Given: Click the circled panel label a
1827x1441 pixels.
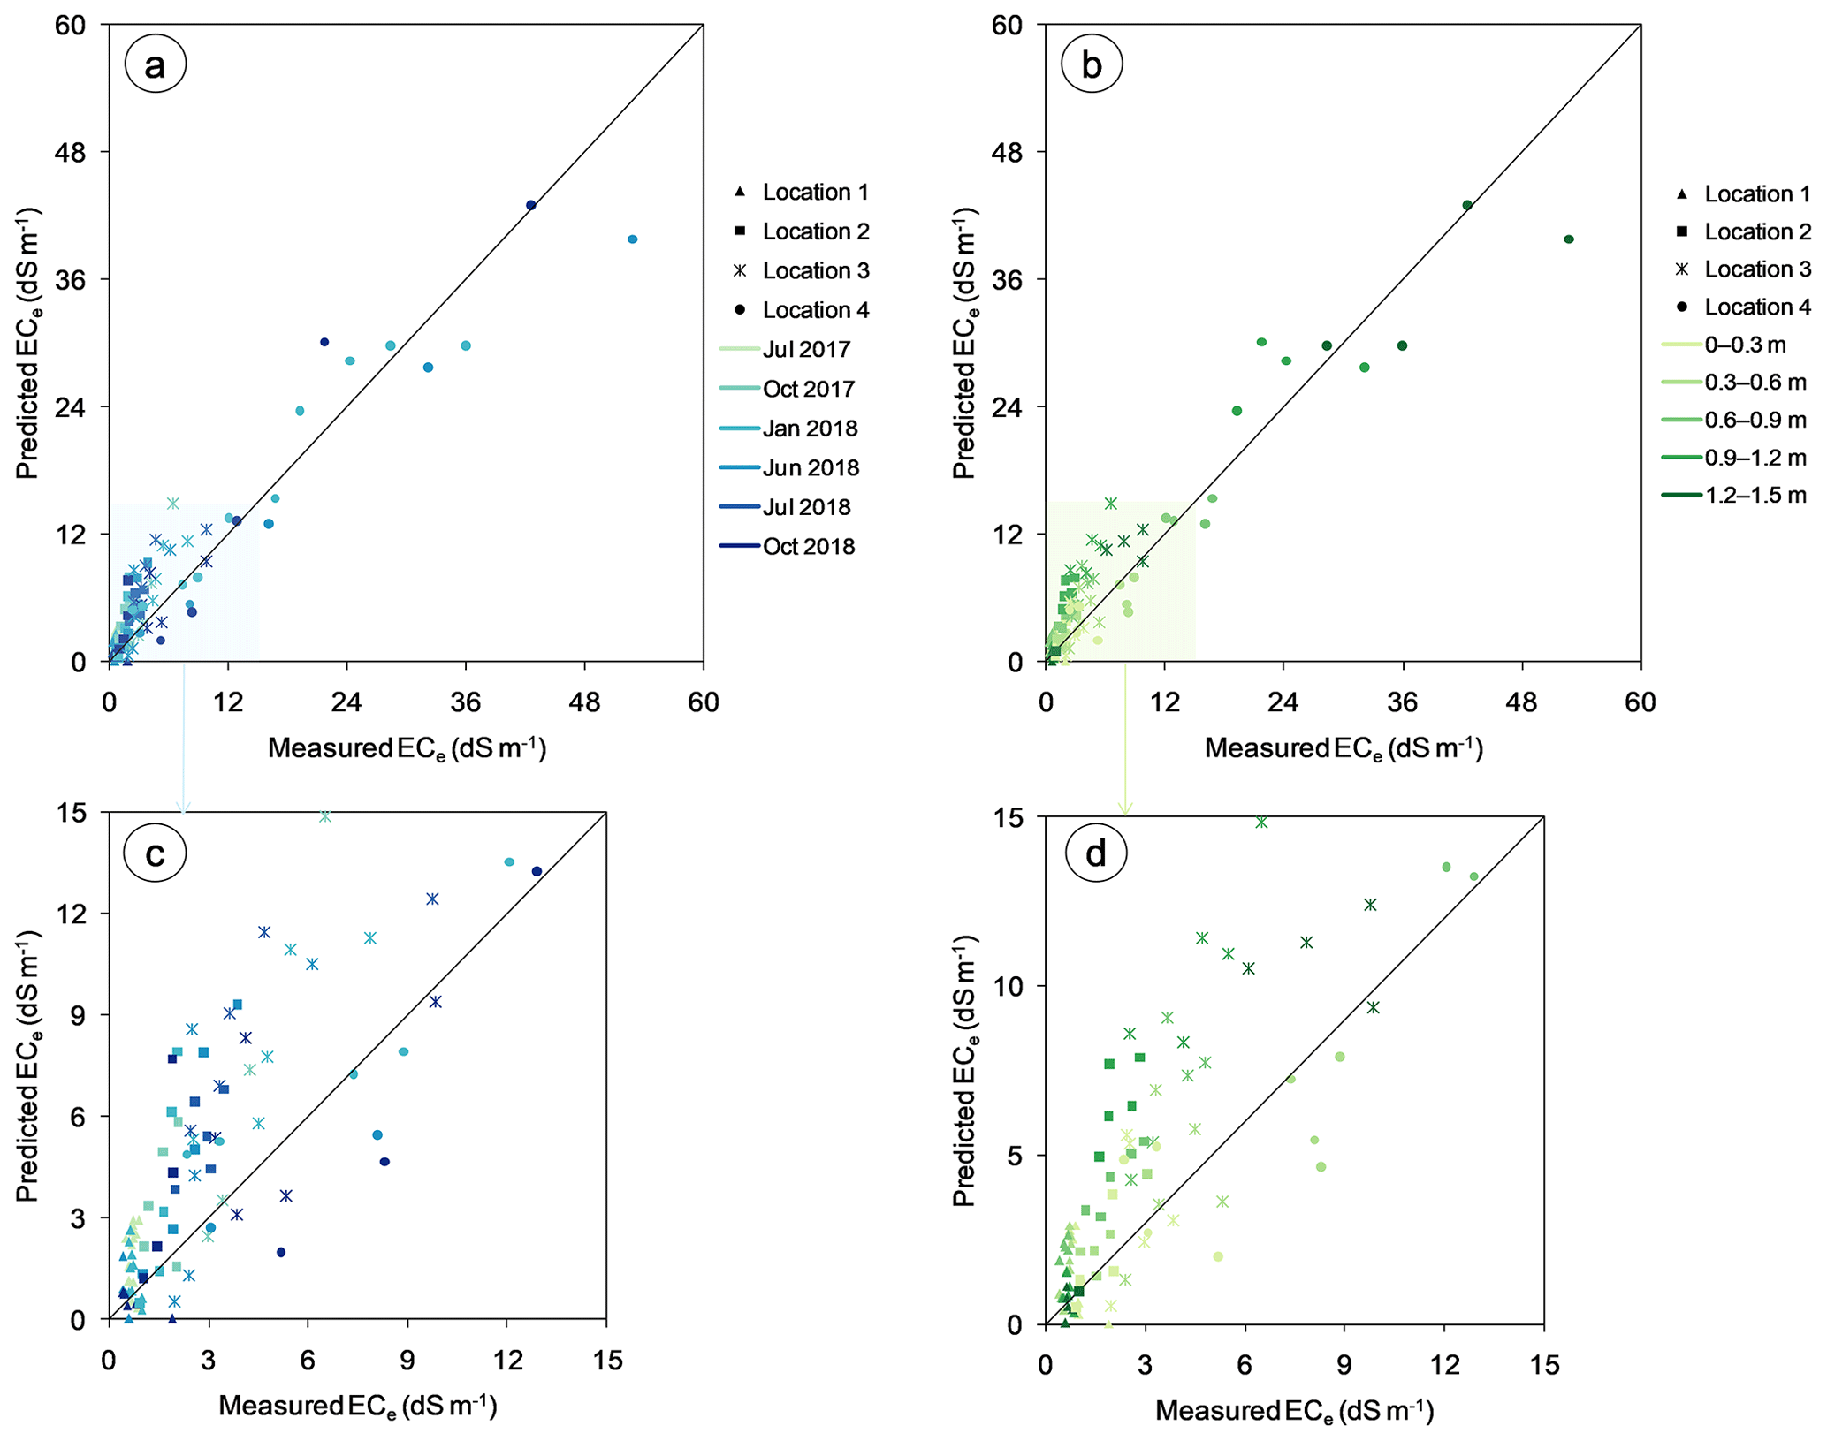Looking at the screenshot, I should click(x=155, y=64).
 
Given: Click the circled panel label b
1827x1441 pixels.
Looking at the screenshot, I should click(x=1092, y=64).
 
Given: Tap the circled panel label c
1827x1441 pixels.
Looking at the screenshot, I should click(x=155, y=853).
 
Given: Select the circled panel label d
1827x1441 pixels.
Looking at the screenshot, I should click(x=1096, y=853).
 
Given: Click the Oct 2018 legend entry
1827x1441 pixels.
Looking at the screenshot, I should click(x=787, y=546).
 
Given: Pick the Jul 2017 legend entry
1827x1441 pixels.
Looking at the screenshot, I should click(x=787, y=349).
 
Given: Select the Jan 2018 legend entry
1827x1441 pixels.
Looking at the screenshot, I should click(x=787, y=429).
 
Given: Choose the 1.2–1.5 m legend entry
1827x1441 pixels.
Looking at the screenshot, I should click(x=1732, y=495).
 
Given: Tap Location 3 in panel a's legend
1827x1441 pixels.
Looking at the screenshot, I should click(x=800, y=270).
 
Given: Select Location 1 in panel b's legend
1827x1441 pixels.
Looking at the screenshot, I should click(x=1741, y=193).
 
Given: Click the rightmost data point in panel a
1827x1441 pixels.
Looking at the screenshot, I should click(x=632, y=239).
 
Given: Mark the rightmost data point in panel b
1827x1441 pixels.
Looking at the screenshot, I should click(x=1569, y=239).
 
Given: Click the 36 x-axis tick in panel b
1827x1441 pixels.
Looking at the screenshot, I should click(x=1403, y=702).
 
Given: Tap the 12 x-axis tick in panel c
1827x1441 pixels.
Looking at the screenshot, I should click(x=506, y=1361).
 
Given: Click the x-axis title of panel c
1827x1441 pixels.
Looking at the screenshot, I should click(x=358, y=1405).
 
